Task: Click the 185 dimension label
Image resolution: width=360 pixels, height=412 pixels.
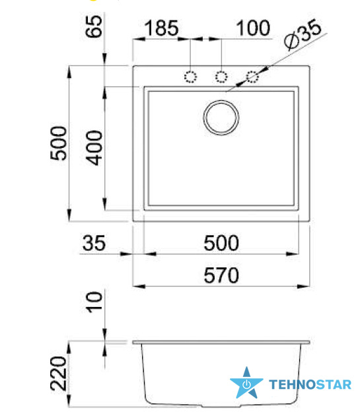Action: (162, 28)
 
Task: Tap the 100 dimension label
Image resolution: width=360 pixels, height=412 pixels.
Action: (253, 28)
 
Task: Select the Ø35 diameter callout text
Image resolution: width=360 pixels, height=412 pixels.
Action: (303, 34)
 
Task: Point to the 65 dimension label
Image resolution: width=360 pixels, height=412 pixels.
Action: (94, 26)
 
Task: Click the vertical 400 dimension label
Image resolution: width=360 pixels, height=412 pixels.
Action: (94, 148)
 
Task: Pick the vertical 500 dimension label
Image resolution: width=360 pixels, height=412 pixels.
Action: (58, 143)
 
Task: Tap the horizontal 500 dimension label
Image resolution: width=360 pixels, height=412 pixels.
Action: (221, 243)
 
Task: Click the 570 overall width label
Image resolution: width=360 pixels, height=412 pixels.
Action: (221, 275)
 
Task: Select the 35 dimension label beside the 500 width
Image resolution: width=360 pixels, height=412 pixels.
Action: (94, 243)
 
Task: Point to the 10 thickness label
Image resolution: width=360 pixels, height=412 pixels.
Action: (94, 302)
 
